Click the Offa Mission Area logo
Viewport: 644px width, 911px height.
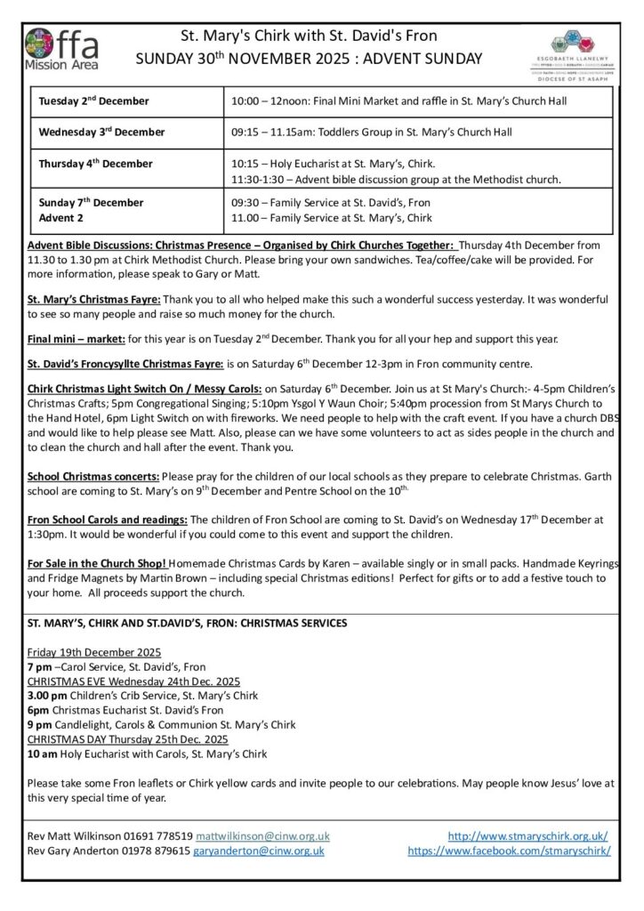(x=61, y=48)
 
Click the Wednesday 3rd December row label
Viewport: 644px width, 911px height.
(x=102, y=132)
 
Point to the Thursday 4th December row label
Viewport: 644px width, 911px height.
(x=96, y=164)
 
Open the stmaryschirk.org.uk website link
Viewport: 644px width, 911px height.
(x=528, y=836)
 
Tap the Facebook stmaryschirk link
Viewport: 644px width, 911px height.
(x=509, y=851)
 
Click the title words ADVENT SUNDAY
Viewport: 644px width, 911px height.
(x=431, y=59)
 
